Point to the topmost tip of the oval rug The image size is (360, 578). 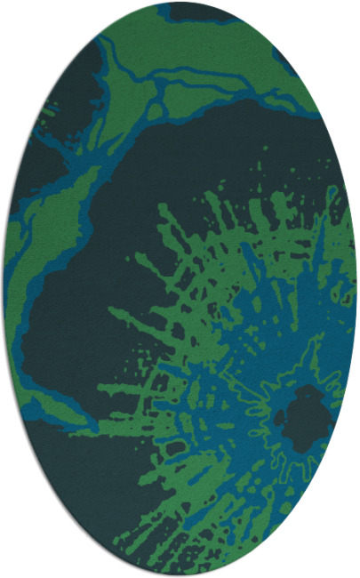(x=180, y=3)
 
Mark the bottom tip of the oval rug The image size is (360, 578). (x=180, y=575)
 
